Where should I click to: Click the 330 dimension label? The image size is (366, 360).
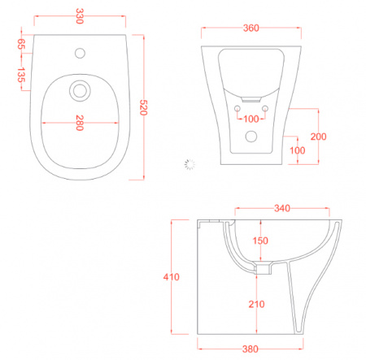click(x=79, y=16)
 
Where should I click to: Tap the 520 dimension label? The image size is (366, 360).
click(x=143, y=107)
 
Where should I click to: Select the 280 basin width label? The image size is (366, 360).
click(x=80, y=123)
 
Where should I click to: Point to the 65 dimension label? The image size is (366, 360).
click(x=21, y=44)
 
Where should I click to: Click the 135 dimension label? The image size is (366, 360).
click(x=21, y=75)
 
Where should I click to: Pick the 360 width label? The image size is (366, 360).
click(x=251, y=28)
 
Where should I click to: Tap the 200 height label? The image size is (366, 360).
click(x=318, y=137)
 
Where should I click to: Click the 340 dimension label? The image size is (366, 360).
click(x=282, y=208)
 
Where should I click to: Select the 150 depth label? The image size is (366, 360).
click(x=260, y=241)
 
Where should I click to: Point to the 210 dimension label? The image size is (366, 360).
click(x=256, y=304)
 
